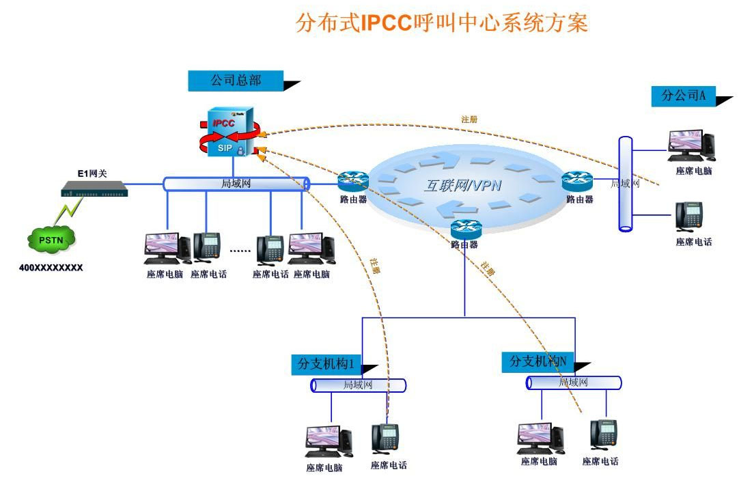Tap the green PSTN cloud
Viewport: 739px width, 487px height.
coord(51,239)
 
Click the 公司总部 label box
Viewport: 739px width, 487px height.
coord(236,81)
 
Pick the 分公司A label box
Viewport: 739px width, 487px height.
coord(683,96)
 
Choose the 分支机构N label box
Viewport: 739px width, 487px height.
coord(539,361)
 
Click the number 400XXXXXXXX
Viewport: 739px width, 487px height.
coord(51,268)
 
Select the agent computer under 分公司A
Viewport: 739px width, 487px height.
coord(691,145)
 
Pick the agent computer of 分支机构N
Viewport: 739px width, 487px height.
coord(540,438)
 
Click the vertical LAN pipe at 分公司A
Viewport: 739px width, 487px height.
coord(625,184)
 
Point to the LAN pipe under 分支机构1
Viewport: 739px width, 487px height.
coord(359,385)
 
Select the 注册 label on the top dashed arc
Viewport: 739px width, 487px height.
coord(469,120)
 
